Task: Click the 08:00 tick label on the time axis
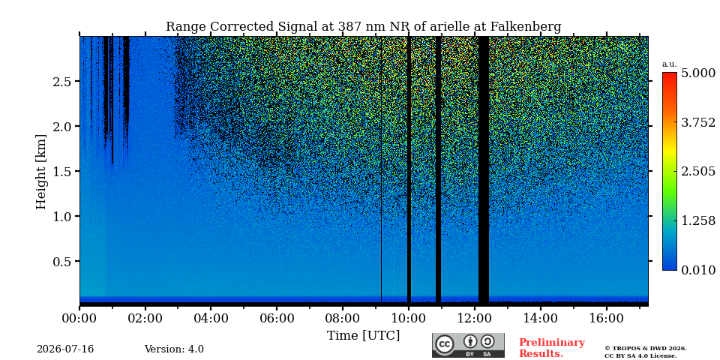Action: [343, 318]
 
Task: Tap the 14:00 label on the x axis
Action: [540, 318]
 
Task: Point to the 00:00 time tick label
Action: [79, 318]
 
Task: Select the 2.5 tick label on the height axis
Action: [61, 82]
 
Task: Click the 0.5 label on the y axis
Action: [61, 262]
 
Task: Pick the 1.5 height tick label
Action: [61, 172]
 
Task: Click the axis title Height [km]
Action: [41, 172]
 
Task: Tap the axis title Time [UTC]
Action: [363, 336]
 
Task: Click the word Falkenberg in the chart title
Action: [525, 27]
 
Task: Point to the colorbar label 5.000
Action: [698, 73]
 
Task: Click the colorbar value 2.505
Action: [698, 172]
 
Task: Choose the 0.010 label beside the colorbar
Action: [698, 270]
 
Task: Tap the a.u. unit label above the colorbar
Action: [670, 64]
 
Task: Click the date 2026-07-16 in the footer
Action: [65, 349]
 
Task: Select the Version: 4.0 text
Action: [174, 349]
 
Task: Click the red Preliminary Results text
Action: [552, 348]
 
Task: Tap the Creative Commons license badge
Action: [468, 345]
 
